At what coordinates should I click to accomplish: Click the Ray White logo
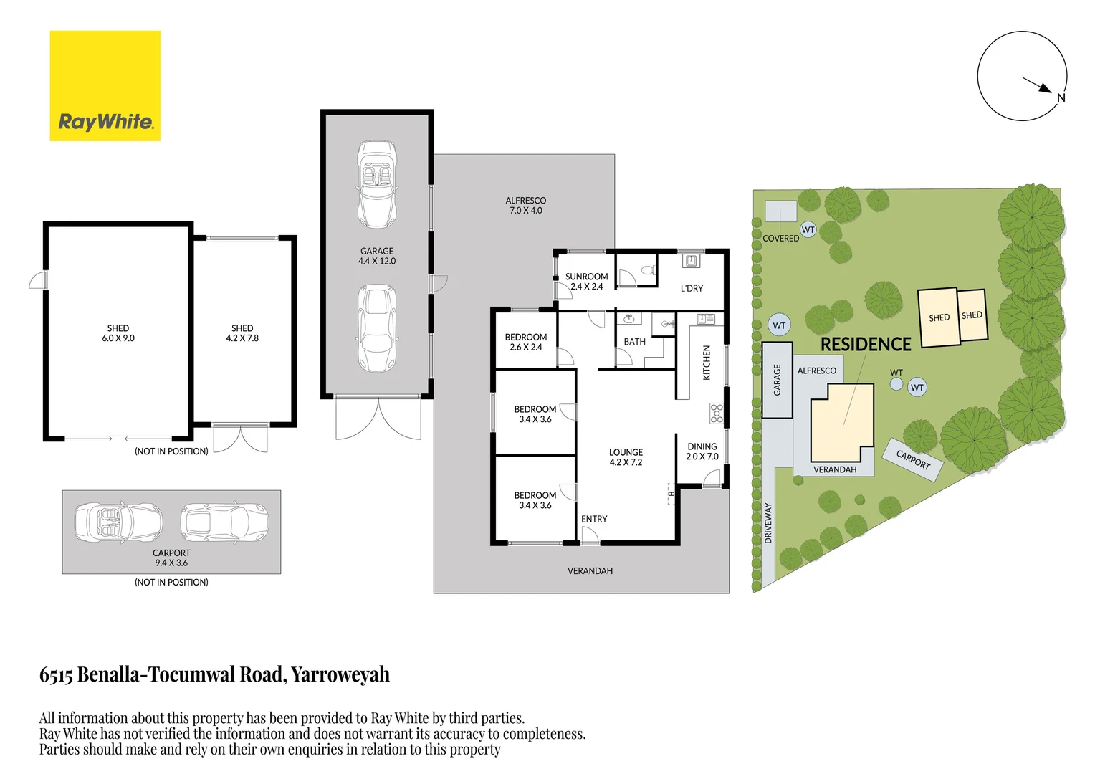[x=105, y=86]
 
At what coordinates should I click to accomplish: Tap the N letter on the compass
[x=1061, y=97]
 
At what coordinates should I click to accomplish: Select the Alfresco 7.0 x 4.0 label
[x=525, y=206]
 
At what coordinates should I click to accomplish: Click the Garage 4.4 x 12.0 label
[x=377, y=256]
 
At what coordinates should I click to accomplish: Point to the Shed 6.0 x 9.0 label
[x=118, y=333]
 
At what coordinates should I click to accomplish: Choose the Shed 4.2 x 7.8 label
[x=242, y=333]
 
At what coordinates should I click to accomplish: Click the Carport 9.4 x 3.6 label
[x=171, y=558]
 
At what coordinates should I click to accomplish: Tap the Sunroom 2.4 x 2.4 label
[x=586, y=281]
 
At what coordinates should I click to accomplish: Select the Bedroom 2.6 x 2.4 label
[x=525, y=342]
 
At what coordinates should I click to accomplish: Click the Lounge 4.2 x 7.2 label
[x=626, y=457]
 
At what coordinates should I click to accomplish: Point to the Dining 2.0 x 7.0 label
[x=702, y=451]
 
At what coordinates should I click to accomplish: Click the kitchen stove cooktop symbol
[x=716, y=414]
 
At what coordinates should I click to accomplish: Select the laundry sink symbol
[x=691, y=261]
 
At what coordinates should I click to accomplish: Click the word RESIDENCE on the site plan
[x=865, y=345]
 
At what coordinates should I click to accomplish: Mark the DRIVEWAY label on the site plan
[x=768, y=522]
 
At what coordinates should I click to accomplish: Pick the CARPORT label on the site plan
[x=913, y=459]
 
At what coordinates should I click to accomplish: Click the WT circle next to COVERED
[x=808, y=230]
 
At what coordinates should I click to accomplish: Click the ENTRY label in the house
[x=594, y=519]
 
